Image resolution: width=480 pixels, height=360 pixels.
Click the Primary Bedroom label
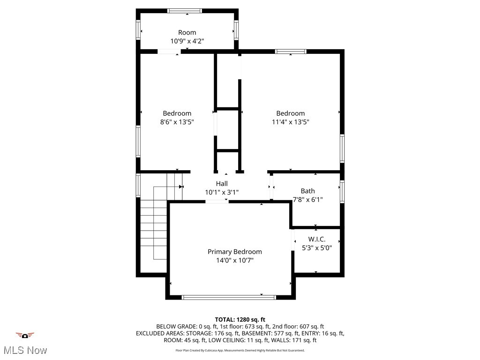234,252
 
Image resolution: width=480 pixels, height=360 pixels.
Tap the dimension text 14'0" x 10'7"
234,261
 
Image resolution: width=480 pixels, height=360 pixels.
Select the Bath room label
307,191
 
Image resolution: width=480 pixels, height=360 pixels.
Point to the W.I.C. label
317,240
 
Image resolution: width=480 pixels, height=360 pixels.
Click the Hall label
222,183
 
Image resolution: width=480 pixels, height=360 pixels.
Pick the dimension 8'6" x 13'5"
177,122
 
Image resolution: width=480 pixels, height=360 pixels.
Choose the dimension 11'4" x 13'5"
290,122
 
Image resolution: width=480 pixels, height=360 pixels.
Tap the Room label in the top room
187,32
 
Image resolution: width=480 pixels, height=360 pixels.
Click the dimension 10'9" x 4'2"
187,41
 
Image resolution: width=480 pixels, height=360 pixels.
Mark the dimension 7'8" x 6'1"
307,200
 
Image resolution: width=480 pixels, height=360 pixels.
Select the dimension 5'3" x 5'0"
317,248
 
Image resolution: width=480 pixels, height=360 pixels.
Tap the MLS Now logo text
25,350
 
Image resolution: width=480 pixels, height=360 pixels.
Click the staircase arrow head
181,187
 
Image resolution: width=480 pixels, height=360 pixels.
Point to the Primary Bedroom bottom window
229,297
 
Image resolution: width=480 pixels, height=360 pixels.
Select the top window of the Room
185,11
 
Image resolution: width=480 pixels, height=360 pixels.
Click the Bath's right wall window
342,192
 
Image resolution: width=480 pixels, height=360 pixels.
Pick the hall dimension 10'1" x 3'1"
222,192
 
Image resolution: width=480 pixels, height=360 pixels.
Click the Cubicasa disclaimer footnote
240,350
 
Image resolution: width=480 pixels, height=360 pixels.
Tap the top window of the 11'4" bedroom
291,52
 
